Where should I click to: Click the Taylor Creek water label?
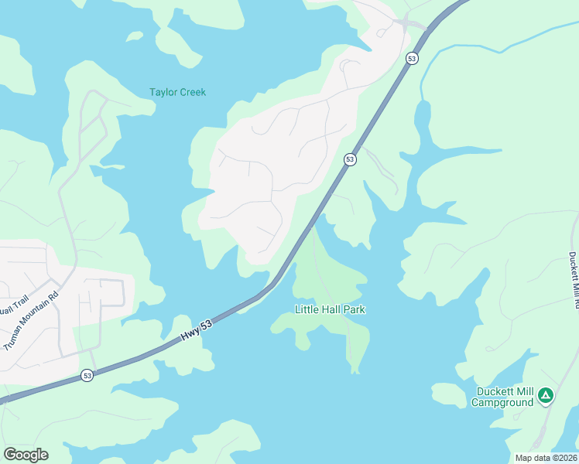[x=177, y=92]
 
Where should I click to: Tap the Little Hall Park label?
[x=330, y=309]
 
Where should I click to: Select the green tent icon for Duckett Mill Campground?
[x=546, y=396]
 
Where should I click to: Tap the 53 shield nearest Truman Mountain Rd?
[x=87, y=376]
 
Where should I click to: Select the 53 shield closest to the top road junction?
[x=412, y=58]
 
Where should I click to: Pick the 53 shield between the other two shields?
[x=351, y=159]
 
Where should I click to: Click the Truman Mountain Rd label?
[x=32, y=321]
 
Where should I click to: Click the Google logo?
[x=26, y=454]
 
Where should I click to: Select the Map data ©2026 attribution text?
[x=546, y=458]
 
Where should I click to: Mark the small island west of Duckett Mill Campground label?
[x=447, y=394]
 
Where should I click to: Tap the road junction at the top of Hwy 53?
[x=403, y=23]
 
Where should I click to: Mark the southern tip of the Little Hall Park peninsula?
[x=355, y=370]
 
